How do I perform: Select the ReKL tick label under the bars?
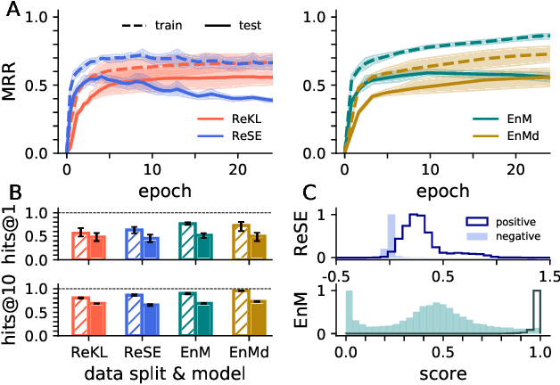[92, 351]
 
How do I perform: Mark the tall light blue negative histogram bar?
[390, 236]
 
